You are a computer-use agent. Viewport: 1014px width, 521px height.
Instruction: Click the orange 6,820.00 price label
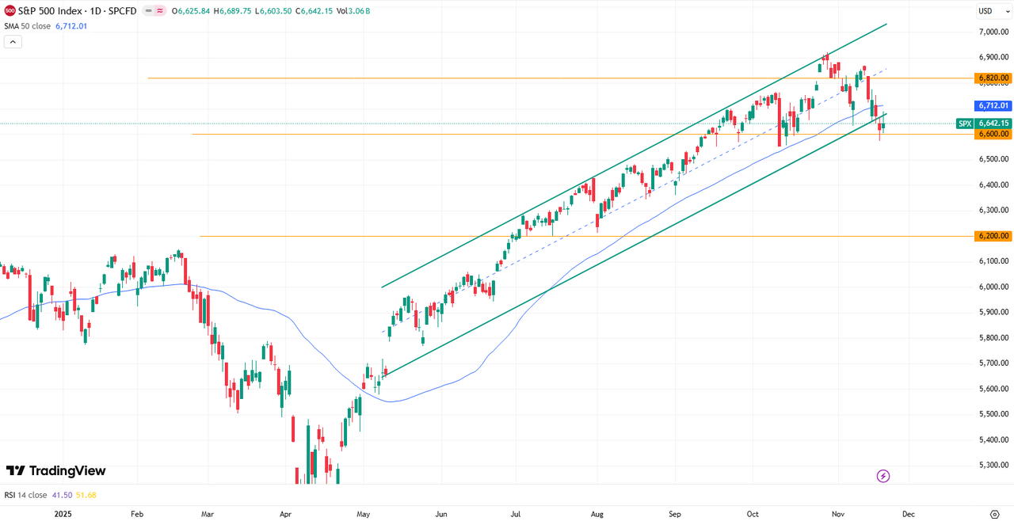(x=993, y=78)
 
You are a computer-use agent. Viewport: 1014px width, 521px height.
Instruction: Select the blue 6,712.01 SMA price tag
(x=993, y=105)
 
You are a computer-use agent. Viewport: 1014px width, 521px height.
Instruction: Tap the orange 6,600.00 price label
(x=993, y=134)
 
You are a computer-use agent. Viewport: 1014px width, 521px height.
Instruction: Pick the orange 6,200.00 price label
(x=993, y=236)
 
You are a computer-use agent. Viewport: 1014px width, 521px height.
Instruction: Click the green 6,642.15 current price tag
(x=993, y=124)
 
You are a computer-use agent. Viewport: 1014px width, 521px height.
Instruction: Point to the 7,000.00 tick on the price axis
(x=993, y=32)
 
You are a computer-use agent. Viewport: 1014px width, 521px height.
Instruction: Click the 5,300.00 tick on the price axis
(x=993, y=465)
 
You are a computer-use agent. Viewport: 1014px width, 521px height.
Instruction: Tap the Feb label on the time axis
(x=137, y=514)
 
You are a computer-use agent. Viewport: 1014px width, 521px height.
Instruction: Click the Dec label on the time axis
(x=908, y=514)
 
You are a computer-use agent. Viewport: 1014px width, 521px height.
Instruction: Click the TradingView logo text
(x=56, y=471)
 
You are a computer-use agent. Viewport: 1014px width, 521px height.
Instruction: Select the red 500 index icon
(x=10, y=11)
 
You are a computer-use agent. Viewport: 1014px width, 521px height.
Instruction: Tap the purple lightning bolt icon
(x=883, y=476)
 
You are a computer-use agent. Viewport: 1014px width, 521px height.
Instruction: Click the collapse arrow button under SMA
(x=13, y=42)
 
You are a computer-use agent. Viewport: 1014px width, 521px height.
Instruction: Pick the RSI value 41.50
(x=62, y=495)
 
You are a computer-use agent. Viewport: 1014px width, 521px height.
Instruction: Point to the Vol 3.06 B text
(x=353, y=11)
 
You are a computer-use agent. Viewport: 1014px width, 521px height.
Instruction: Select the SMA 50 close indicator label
(x=27, y=26)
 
